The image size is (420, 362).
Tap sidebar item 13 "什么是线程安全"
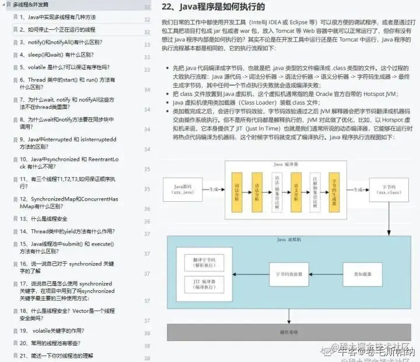(x=43, y=219)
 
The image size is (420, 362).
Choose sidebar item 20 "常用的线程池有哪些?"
(x=50, y=343)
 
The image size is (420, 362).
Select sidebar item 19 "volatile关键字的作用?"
(x=53, y=330)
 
